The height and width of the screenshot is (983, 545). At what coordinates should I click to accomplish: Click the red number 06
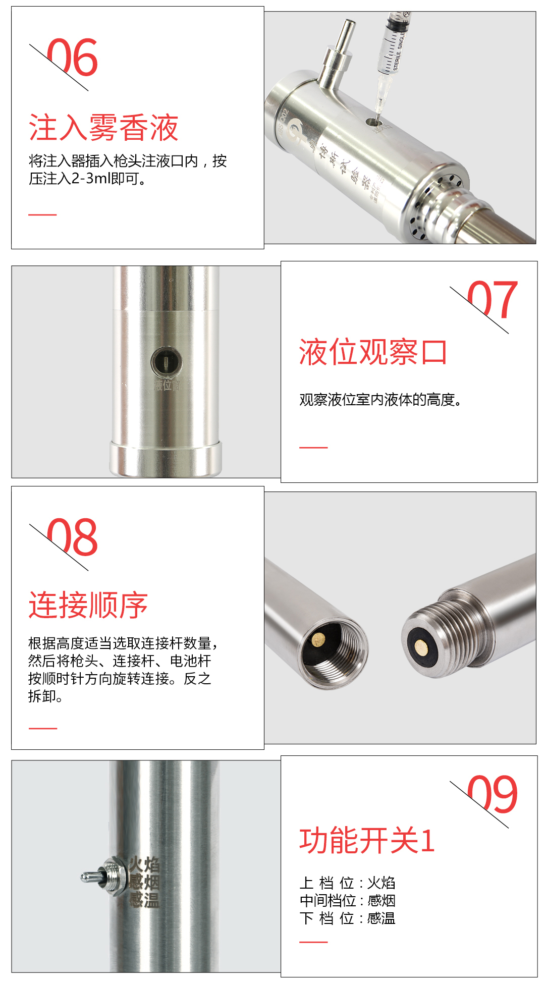pos(72,57)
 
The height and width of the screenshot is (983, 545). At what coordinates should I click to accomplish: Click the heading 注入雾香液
pos(103,127)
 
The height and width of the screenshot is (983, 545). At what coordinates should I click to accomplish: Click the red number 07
pos(493,300)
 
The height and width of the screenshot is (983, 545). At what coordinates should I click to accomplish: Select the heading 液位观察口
pos(373,352)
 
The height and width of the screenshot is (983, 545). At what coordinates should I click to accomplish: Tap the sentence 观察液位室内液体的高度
pos(380,400)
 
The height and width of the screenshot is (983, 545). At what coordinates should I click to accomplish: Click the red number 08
pos(72,537)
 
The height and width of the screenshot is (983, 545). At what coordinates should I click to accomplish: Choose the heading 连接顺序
pos(88,605)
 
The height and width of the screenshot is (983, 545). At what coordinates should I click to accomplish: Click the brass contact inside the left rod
pos(318,640)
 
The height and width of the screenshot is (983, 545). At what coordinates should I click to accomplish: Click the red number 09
pos(493,794)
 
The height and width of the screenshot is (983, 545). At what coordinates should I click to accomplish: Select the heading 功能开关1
pos(367,841)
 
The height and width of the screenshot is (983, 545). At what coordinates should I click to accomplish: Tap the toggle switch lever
pos(93,877)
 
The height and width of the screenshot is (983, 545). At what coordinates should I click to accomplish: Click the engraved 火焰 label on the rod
pos(144,864)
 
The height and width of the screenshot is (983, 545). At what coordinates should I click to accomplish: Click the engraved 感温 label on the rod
pos(144,899)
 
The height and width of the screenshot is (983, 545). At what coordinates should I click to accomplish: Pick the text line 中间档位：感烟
pos(347,900)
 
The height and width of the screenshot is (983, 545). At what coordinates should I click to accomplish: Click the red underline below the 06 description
pos(42,214)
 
